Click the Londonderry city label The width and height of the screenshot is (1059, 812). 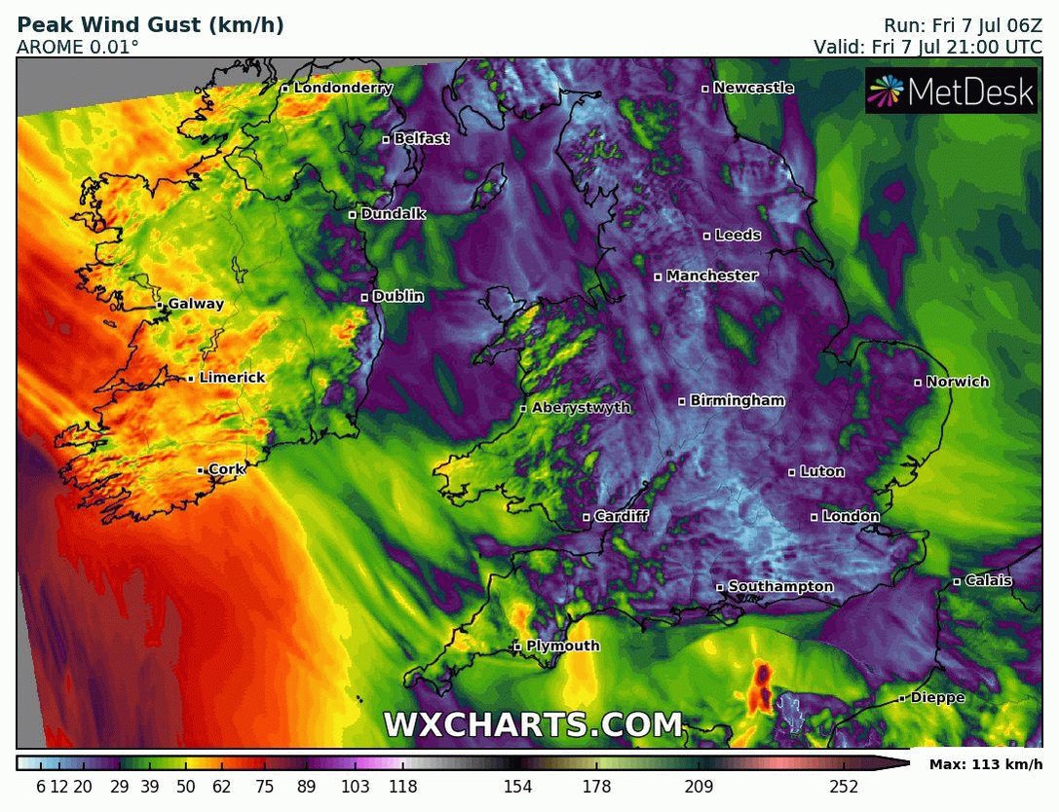pyautogui.click(x=343, y=88)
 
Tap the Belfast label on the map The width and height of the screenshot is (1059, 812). pyautogui.click(x=421, y=139)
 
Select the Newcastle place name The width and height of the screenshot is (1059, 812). pyautogui.click(x=753, y=88)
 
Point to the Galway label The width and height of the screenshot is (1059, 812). pyautogui.click(x=196, y=304)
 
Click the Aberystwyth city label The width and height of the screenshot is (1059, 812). pyautogui.click(x=581, y=408)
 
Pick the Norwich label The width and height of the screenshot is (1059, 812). pyautogui.click(x=957, y=382)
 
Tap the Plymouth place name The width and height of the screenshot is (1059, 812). pyautogui.click(x=562, y=646)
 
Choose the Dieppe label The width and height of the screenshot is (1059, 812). pyautogui.click(x=937, y=697)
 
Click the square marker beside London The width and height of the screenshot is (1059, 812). pyautogui.click(x=814, y=517)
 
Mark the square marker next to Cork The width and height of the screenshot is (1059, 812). pyautogui.click(x=201, y=470)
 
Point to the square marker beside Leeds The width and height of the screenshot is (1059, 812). pyautogui.click(x=707, y=236)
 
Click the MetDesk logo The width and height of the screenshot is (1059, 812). pyautogui.click(x=951, y=92)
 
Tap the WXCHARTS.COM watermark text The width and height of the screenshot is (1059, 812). pyautogui.click(x=533, y=725)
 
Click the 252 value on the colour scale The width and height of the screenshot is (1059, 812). pyautogui.click(x=844, y=787)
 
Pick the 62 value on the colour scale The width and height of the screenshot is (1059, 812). pyautogui.click(x=222, y=787)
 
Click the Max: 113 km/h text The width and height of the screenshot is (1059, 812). pyautogui.click(x=985, y=764)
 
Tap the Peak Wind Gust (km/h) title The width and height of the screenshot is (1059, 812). pyautogui.click(x=151, y=25)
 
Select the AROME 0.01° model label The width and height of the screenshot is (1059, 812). pyautogui.click(x=78, y=46)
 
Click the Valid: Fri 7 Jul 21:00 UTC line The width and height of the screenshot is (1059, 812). pyautogui.click(x=927, y=46)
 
